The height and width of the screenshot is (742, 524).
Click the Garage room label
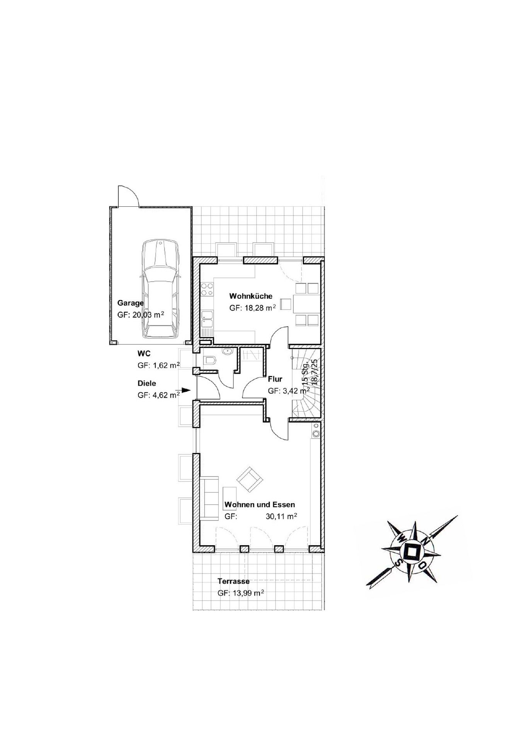tap(130, 303)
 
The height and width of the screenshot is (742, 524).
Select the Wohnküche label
tap(251, 296)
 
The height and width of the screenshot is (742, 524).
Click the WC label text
tap(144, 354)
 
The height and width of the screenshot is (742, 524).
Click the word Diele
tap(147, 383)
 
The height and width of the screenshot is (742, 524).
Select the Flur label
tap(275, 379)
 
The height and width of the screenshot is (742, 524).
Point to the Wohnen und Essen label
tap(260, 505)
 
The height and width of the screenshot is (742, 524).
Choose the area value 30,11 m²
tap(281, 516)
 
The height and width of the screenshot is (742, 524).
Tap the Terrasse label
tap(233, 581)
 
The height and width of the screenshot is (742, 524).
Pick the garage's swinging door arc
tap(128, 196)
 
